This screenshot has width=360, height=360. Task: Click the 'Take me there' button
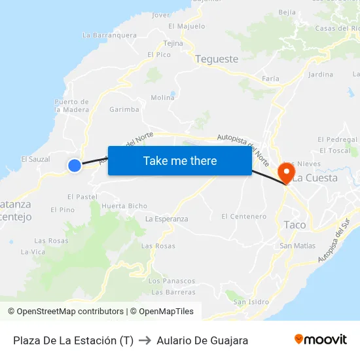click(x=179, y=160)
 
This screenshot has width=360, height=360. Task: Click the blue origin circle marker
click(x=75, y=166)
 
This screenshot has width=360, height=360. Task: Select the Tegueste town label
click(x=217, y=59)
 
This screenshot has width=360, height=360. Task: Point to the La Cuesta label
click(x=315, y=177)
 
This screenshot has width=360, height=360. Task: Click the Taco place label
click(x=295, y=225)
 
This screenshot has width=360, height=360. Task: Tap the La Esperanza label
click(x=166, y=219)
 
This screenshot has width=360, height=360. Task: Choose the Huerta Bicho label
click(x=124, y=206)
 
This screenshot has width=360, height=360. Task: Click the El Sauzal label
click(x=35, y=159)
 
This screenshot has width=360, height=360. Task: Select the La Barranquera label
click(x=109, y=35)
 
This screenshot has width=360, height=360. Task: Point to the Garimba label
click(x=124, y=109)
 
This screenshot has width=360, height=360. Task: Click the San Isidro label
click(x=251, y=302)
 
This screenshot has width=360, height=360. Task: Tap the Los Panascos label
click(x=171, y=281)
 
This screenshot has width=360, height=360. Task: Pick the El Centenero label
click(x=243, y=216)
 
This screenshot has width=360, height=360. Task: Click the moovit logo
click(x=320, y=339)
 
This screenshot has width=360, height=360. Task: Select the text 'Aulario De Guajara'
click(x=202, y=340)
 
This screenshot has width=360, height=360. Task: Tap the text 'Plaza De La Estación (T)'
click(x=73, y=340)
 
